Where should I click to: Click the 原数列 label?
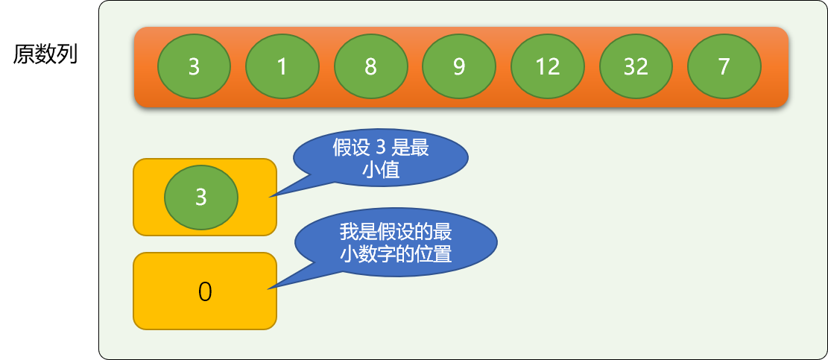point(45,54)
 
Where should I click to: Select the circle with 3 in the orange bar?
point(195,66)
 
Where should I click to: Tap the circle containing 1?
point(282,66)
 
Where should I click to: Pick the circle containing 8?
point(370,66)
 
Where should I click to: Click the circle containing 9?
point(459,66)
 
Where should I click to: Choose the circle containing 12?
point(548,66)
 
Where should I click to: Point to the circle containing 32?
point(636,66)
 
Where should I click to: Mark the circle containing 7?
point(724,66)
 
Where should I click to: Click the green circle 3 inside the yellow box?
point(201,198)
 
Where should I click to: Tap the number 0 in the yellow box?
point(205,292)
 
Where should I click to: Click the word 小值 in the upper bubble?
point(381,171)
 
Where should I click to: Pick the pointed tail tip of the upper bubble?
point(271,197)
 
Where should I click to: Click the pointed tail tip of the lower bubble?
point(268,288)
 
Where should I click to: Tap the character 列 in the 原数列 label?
point(68,54)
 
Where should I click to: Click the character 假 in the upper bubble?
point(341,148)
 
